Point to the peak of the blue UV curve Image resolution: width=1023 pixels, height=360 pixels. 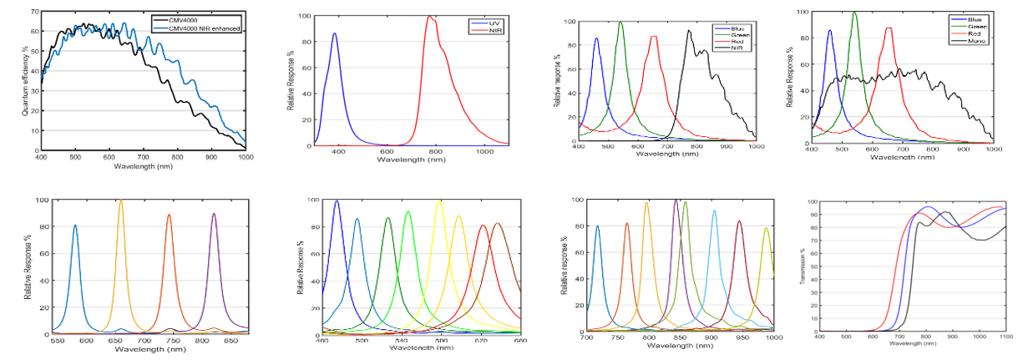[x=335, y=33]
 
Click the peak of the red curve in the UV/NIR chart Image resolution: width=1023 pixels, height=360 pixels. [x=430, y=16]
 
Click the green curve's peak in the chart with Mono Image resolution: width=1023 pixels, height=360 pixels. [x=854, y=13]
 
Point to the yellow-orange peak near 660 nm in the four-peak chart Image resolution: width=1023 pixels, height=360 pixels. [x=121, y=200]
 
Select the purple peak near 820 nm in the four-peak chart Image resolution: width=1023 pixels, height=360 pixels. [x=214, y=214]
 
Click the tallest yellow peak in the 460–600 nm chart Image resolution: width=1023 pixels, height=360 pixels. [x=440, y=200]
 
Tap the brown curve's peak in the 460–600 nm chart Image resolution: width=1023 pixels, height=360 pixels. [x=498, y=223]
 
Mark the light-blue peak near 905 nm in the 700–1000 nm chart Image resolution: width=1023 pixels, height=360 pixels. [x=714, y=210]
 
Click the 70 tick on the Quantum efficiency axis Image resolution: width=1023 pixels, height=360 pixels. [x=33, y=13]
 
